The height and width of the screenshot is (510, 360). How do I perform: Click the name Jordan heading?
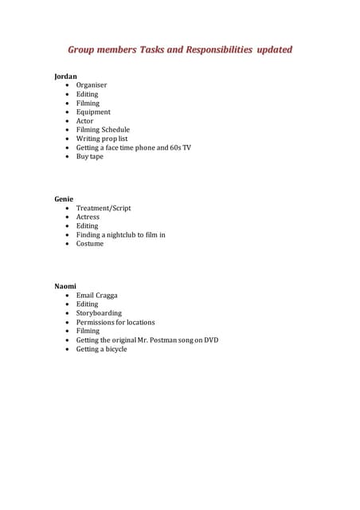coord(65,76)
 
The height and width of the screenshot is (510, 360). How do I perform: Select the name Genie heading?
coord(64,198)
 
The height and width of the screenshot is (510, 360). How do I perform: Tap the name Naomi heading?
coord(65,285)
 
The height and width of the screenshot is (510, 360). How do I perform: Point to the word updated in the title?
coord(274,50)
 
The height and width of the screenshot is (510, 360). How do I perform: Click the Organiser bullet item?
coord(92,85)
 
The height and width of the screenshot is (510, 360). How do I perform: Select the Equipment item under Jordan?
coord(93,112)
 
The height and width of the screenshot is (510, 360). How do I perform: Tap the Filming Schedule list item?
coord(103,130)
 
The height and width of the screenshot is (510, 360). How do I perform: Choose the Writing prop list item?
coord(102,139)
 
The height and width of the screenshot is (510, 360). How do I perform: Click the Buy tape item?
coord(90,157)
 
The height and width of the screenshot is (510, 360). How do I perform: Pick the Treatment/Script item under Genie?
coord(104,208)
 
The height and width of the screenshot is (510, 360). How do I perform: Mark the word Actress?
coord(88,217)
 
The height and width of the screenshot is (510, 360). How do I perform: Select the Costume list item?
coord(90,244)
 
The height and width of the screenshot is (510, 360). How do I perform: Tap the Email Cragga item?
coord(97,295)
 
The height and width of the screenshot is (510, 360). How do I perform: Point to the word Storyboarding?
coord(99,313)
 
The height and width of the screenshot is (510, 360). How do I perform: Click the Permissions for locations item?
coord(115,323)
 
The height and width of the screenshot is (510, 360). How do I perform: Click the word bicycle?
coord(114,349)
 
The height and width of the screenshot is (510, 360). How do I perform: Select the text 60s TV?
coord(180,147)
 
